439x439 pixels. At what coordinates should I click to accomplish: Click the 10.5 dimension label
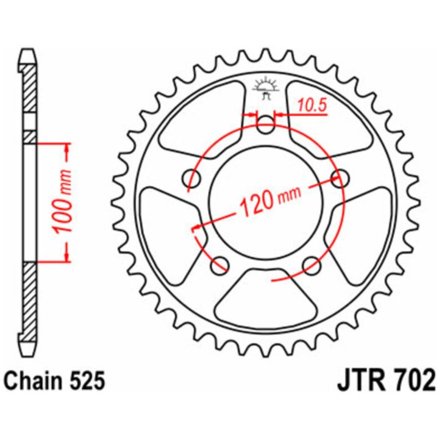click(x=312, y=105)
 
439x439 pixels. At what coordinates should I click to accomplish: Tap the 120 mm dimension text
click(x=271, y=201)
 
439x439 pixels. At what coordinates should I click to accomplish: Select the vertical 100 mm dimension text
click(x=63, y=202)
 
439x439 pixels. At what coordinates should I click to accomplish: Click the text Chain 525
click(x=55, y=381)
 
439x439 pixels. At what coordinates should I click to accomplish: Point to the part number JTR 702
click(x=387, y=380)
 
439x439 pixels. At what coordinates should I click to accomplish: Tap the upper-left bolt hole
click(x=192, y=178)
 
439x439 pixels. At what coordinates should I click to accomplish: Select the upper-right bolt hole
click(x=340, y=178)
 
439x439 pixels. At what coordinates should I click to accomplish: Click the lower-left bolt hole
click(x=220, y=265)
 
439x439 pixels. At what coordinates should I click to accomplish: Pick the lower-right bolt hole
click(x=312, y=265)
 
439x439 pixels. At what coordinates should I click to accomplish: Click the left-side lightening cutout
click(x=171, y=235)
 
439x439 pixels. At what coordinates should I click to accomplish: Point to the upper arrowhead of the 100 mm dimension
click(x=66, y=148)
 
